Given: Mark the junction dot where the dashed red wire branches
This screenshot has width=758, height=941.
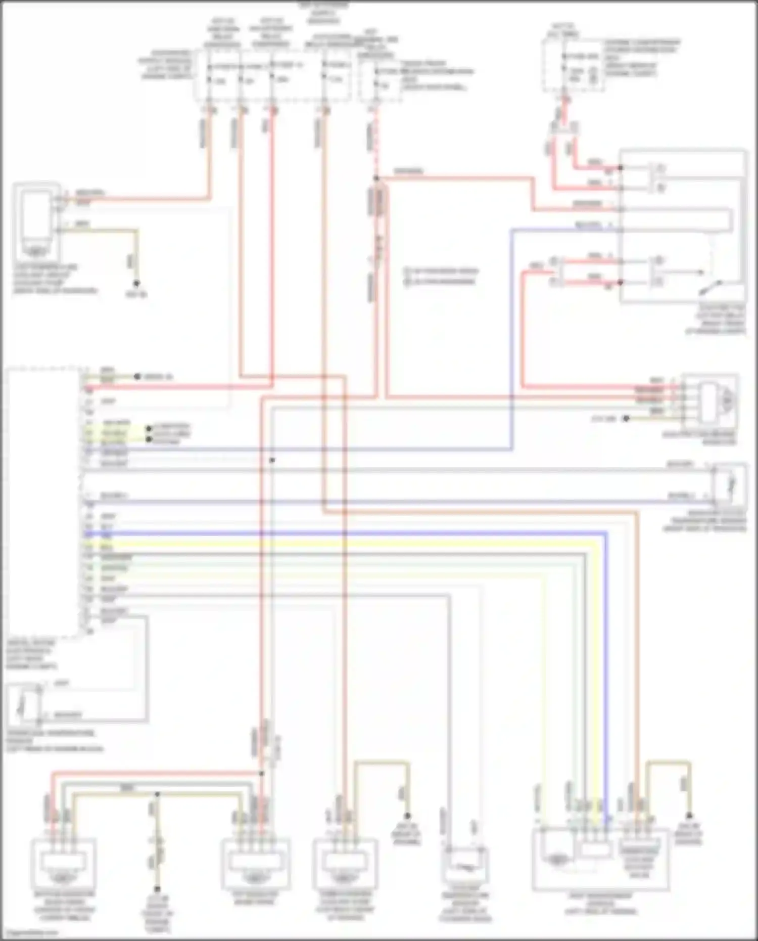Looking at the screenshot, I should click(376, 178).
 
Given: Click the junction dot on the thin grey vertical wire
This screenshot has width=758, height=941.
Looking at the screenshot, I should click(272, 460).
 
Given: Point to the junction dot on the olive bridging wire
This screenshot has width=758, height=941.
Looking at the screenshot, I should click(157, 794).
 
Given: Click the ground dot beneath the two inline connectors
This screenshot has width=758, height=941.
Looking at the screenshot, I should click(157, 888).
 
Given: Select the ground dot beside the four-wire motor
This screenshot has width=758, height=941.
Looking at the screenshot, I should click(626, 419).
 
